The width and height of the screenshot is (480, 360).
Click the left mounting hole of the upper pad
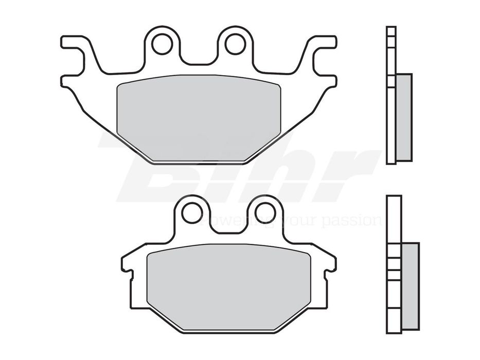162,44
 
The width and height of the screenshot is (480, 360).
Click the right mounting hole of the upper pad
235,44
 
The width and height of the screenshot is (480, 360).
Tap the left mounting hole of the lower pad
192,212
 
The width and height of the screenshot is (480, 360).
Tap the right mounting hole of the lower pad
265,212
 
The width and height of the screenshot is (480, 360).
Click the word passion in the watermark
351,221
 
